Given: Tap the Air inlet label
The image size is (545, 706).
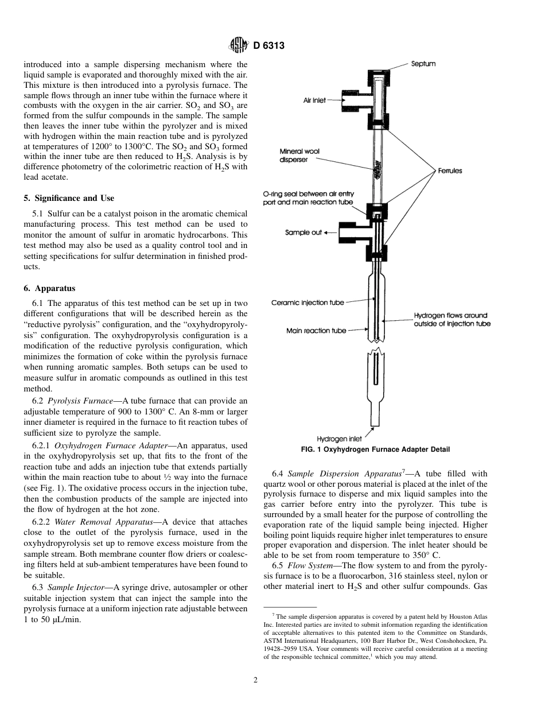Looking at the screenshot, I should click(314, 100).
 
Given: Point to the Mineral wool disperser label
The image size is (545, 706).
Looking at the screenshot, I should click(299, 156).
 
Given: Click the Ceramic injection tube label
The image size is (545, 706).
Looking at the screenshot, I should click(307, 302).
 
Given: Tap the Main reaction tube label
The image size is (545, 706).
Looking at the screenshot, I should click(316, 331).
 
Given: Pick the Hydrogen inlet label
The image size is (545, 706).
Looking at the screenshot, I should click(339, 439).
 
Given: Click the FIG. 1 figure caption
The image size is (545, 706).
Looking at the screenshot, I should click(375, 449).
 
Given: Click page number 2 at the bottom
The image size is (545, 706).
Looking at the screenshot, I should click(256, 681).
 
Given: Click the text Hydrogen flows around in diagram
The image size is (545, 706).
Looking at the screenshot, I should click(450, 315).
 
